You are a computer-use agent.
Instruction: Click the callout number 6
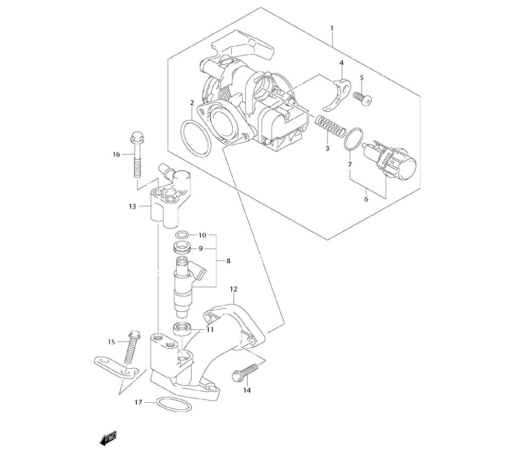point(366,199)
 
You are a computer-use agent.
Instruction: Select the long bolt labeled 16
point(136,154)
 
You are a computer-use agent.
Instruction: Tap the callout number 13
point(133,206)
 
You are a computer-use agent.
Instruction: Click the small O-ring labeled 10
point(181,235)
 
